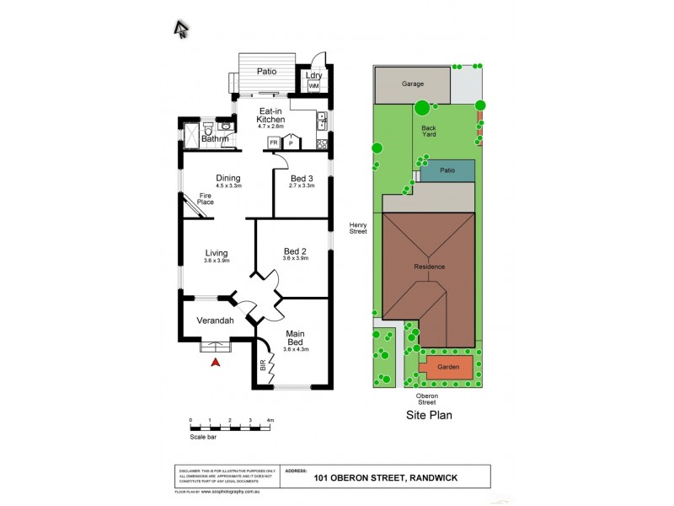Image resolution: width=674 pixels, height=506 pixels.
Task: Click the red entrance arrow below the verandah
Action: click(x=215, y=362)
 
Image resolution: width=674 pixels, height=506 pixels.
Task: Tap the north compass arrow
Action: click(x=180, y=30)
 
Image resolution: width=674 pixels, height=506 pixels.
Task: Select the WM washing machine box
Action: click(x=313, y=86)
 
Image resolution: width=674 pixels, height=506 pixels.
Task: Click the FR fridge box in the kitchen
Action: click(x=274, y=143)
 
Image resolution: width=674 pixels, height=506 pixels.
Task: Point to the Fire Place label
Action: click(x=206, y=199)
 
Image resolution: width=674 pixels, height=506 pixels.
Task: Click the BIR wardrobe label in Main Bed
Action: click(x=263, y=367)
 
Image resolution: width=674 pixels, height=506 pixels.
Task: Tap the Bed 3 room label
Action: click(x=302, y=179)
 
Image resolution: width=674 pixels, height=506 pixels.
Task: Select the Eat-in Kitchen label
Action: click(x=271, y=116)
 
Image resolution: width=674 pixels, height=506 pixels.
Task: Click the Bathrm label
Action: click(x=203, y=139)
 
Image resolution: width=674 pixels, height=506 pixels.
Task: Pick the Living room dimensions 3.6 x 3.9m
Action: click(x=217, y=261)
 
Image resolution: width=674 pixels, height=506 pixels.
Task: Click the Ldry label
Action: click(x=314, y=75)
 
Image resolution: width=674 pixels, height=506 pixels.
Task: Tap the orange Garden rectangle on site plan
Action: click(x=447, y=368)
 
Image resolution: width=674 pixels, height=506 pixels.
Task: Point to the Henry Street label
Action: click(x=359, y=229)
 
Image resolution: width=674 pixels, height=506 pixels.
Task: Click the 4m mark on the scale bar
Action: click(x=270, y=419)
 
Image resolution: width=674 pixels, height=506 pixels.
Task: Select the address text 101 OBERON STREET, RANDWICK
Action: click(x=385, y=478)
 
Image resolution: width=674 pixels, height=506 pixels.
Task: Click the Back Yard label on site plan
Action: click(x=429, y=133)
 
